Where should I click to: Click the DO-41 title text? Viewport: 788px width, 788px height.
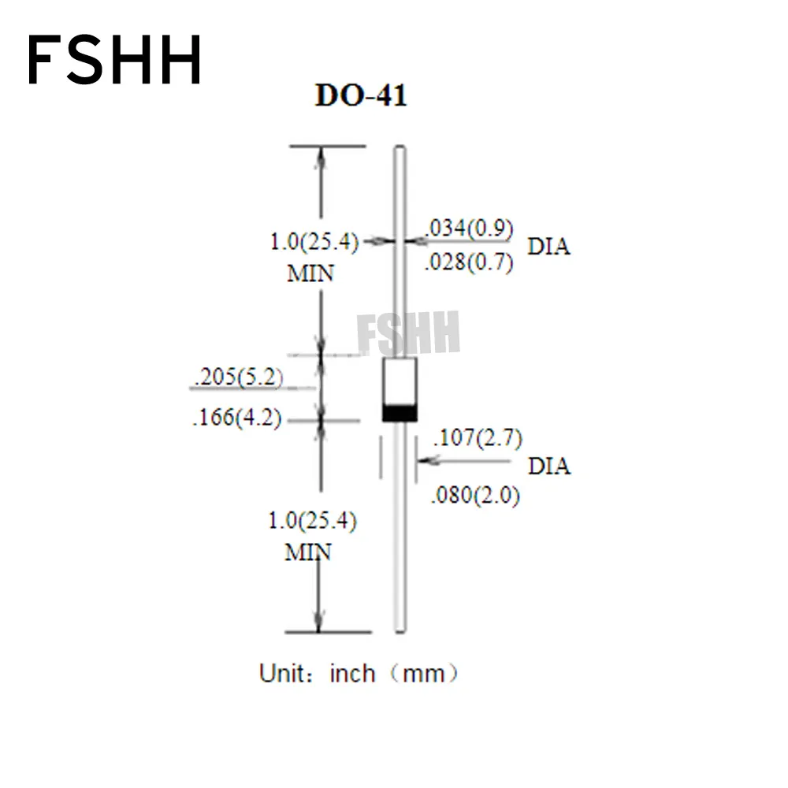pos(361,96)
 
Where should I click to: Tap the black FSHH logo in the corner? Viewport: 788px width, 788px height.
pos(115,61)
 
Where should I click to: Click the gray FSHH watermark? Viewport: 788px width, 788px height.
pos(408,332)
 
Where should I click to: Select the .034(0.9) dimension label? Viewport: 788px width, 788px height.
pos(470,229)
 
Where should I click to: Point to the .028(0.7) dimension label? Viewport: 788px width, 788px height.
pos(469,263)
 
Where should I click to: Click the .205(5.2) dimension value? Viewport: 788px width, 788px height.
pos(237,377)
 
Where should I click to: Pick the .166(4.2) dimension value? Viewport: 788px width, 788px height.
pos(237,418)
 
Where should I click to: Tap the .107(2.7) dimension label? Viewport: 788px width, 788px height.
pos(478,437)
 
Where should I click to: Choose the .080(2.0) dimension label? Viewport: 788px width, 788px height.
pos(475,496)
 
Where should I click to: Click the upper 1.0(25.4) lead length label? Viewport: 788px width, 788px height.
pos(314,242)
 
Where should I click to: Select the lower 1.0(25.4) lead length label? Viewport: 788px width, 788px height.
pos(313,520)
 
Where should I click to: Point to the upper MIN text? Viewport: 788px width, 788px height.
pos(310,274)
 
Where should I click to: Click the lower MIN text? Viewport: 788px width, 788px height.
pos(308,552)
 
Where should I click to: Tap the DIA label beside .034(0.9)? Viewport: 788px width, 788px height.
pos(548,247)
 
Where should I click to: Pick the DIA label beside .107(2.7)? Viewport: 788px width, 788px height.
pos(549,466)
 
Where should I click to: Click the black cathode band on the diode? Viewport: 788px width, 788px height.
pos(400,412)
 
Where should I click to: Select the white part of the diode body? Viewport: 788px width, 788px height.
pos(400,381)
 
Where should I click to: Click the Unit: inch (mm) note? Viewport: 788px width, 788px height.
pos(359,674)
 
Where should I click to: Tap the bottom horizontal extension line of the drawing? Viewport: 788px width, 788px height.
pos(328,632)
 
